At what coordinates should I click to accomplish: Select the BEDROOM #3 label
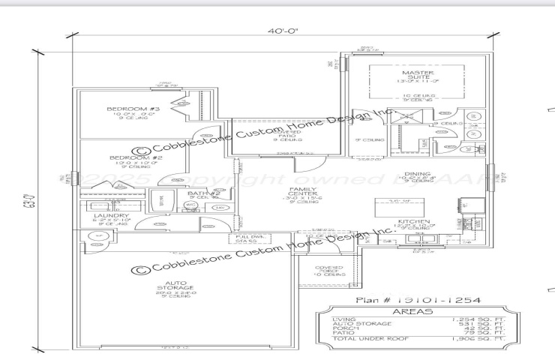pyautogui.click(x=133, y=109)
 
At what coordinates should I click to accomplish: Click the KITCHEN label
pyautogui.click(x=412, y=223)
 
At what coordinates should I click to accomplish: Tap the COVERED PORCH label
pyautogui.click(x=329, y=269)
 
